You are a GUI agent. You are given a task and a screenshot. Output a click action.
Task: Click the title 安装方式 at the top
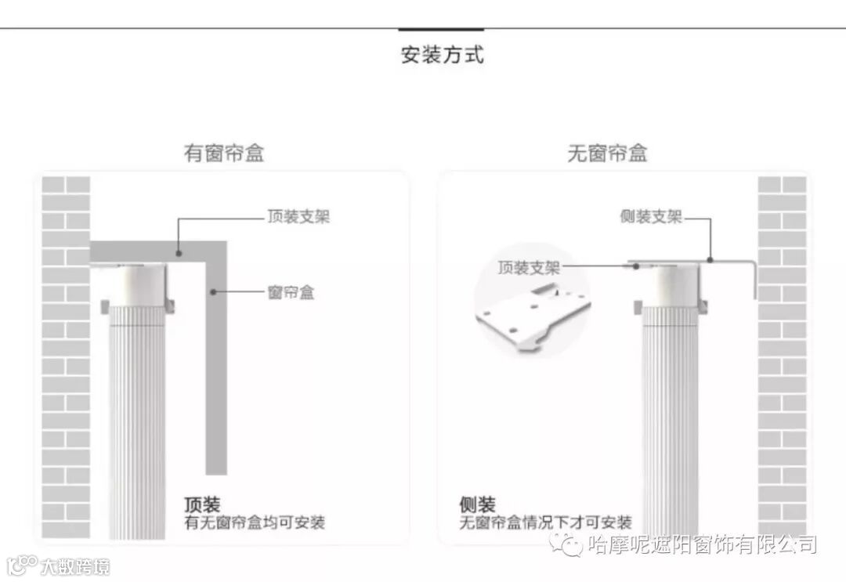442,56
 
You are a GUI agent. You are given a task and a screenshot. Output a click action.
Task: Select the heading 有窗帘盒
224,154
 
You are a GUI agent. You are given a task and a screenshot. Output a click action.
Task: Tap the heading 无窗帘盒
607,154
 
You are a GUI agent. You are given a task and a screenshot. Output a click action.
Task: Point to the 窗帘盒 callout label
291,293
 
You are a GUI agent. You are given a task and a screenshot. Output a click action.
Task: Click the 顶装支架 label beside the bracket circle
529,268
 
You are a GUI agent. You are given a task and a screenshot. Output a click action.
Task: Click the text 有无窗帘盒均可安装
255,522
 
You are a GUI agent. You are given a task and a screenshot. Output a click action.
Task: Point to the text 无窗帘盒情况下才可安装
545,522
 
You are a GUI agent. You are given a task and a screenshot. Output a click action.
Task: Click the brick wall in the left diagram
66,352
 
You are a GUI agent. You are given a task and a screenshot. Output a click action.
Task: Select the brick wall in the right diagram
782,352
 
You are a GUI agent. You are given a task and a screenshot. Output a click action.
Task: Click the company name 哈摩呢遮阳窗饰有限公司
702,544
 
